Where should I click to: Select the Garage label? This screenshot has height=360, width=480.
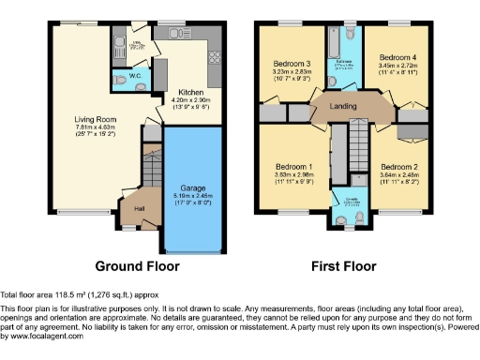[x=193, y=188]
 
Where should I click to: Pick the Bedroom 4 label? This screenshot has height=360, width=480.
[x=397, y=57]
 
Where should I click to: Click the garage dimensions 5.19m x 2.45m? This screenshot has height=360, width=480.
[x=193, y=196]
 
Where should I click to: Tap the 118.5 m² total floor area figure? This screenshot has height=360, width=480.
[x=68, y=294]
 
